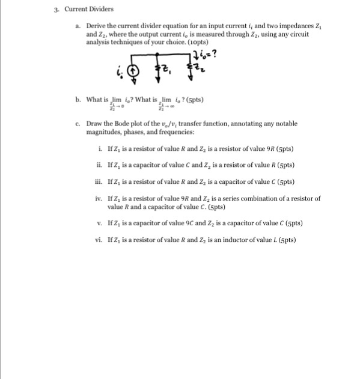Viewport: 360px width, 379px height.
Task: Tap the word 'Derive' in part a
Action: tap(96, 26)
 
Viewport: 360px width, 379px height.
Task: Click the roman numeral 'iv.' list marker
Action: tap(100, 198)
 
